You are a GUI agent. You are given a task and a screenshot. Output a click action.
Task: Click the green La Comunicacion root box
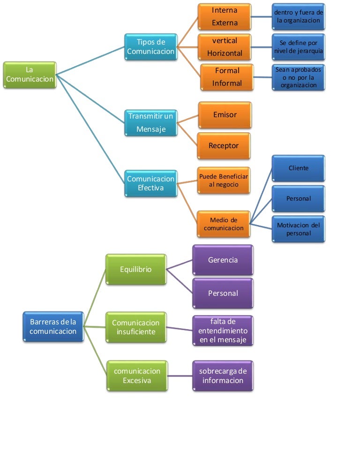pyautogui.click(x=30, y=75)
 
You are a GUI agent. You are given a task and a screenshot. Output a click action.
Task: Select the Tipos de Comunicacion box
pyautogui.click(x=151, y=46)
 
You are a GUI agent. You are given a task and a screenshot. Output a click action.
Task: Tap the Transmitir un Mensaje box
pyautogui.click(x=151, y=122)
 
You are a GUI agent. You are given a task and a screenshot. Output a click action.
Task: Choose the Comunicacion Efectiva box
pyautogui.click(x=151, y=183)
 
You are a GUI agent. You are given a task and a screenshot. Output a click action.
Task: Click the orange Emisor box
pyautogui.click(x=225, y=115)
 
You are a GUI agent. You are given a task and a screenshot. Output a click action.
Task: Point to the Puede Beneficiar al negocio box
pyautogui.click(x=224, y=180)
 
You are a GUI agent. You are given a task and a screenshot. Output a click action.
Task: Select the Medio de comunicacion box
pyautogui.click(x=224, y=224)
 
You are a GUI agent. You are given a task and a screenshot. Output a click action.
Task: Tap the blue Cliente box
pyautogui.click(x=299, y=168)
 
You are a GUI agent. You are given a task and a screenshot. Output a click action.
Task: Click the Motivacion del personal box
pyautogui.click(x=299, y=229)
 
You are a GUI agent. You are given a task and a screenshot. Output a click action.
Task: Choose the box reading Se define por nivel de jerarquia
pyautogui.click(x=299, y=46)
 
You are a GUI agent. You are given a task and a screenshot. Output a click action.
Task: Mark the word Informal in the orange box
pyautogui.click(x=227, y=83)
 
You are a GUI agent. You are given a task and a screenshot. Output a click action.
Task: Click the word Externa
pyautogui.click(x=225, y=23)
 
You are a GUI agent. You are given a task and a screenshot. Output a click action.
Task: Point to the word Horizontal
pyautogui.click(x=225, y=53)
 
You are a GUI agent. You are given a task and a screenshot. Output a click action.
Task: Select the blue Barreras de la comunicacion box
pyautogui.click(x=53, y=327)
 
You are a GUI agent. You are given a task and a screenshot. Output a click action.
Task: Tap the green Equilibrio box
pyautogui.click(x=136, y=270)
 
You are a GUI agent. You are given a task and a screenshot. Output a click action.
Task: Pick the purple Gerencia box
pyautogui.click(x=223, y=260)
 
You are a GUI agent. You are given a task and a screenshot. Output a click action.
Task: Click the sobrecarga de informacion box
pyautogui.click(x=223, y=376)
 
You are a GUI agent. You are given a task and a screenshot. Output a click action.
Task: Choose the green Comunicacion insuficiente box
pyautogui.click(x=136, y=327)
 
